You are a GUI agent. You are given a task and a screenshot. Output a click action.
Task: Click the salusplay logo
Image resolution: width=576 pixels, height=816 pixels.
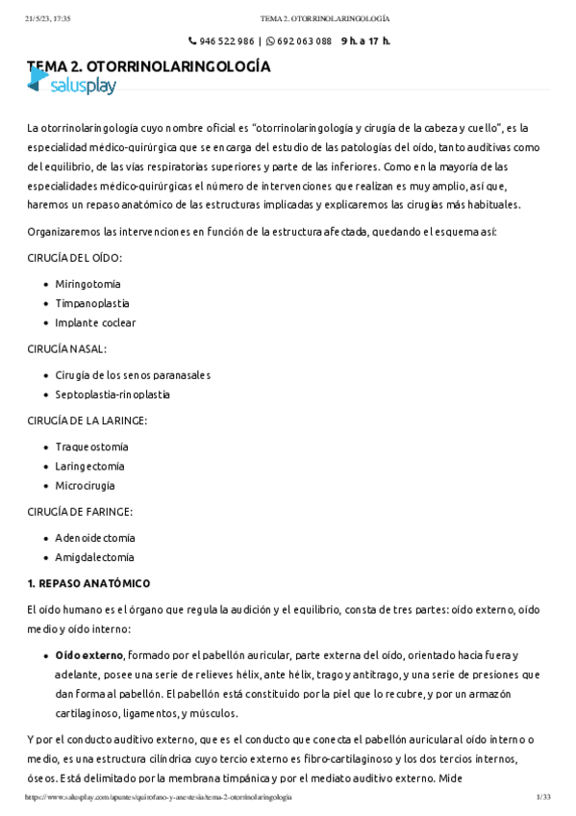(x=71, y=85)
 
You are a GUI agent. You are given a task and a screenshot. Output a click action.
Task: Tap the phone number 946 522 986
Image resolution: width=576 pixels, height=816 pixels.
(x=227, y=41)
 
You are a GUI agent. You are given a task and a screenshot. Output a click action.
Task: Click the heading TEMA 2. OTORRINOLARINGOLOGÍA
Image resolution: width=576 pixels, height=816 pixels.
(x=149, y=66)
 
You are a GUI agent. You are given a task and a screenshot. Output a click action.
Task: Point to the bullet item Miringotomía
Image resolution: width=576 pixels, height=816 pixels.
(x=88, y=284)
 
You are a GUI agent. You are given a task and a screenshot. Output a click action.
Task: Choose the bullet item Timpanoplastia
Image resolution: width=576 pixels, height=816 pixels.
(x=92, y=303)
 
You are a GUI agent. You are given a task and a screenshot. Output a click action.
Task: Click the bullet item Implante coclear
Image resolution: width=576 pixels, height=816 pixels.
(x=95, y=323)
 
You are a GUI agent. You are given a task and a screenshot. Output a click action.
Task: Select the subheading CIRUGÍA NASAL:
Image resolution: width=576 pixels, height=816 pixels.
(x=67, y=348)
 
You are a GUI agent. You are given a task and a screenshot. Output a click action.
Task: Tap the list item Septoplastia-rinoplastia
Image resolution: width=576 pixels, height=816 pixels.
(x=113, y=395)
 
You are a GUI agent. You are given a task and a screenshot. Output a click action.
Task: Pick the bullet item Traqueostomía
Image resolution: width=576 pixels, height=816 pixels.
(x=91, y=446)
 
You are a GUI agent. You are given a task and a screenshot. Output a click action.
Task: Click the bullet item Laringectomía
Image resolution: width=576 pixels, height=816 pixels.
(x=89, y=466)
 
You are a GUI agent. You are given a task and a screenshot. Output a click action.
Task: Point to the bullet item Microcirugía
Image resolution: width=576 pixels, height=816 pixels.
(x=85, y=486)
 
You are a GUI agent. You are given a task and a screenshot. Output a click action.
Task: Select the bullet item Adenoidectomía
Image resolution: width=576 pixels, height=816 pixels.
(x=95, y=538)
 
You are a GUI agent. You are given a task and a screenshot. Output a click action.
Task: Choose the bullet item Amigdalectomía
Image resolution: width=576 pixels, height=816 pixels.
(x=94, y=557)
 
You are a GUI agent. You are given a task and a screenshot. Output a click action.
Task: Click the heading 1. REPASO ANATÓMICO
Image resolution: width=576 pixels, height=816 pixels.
(x=88, y=583)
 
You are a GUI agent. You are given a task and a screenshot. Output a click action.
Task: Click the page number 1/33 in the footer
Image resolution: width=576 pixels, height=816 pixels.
(x=542, y=798)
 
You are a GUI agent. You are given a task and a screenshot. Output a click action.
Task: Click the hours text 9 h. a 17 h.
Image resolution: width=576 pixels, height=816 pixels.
(x=365, y=41)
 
